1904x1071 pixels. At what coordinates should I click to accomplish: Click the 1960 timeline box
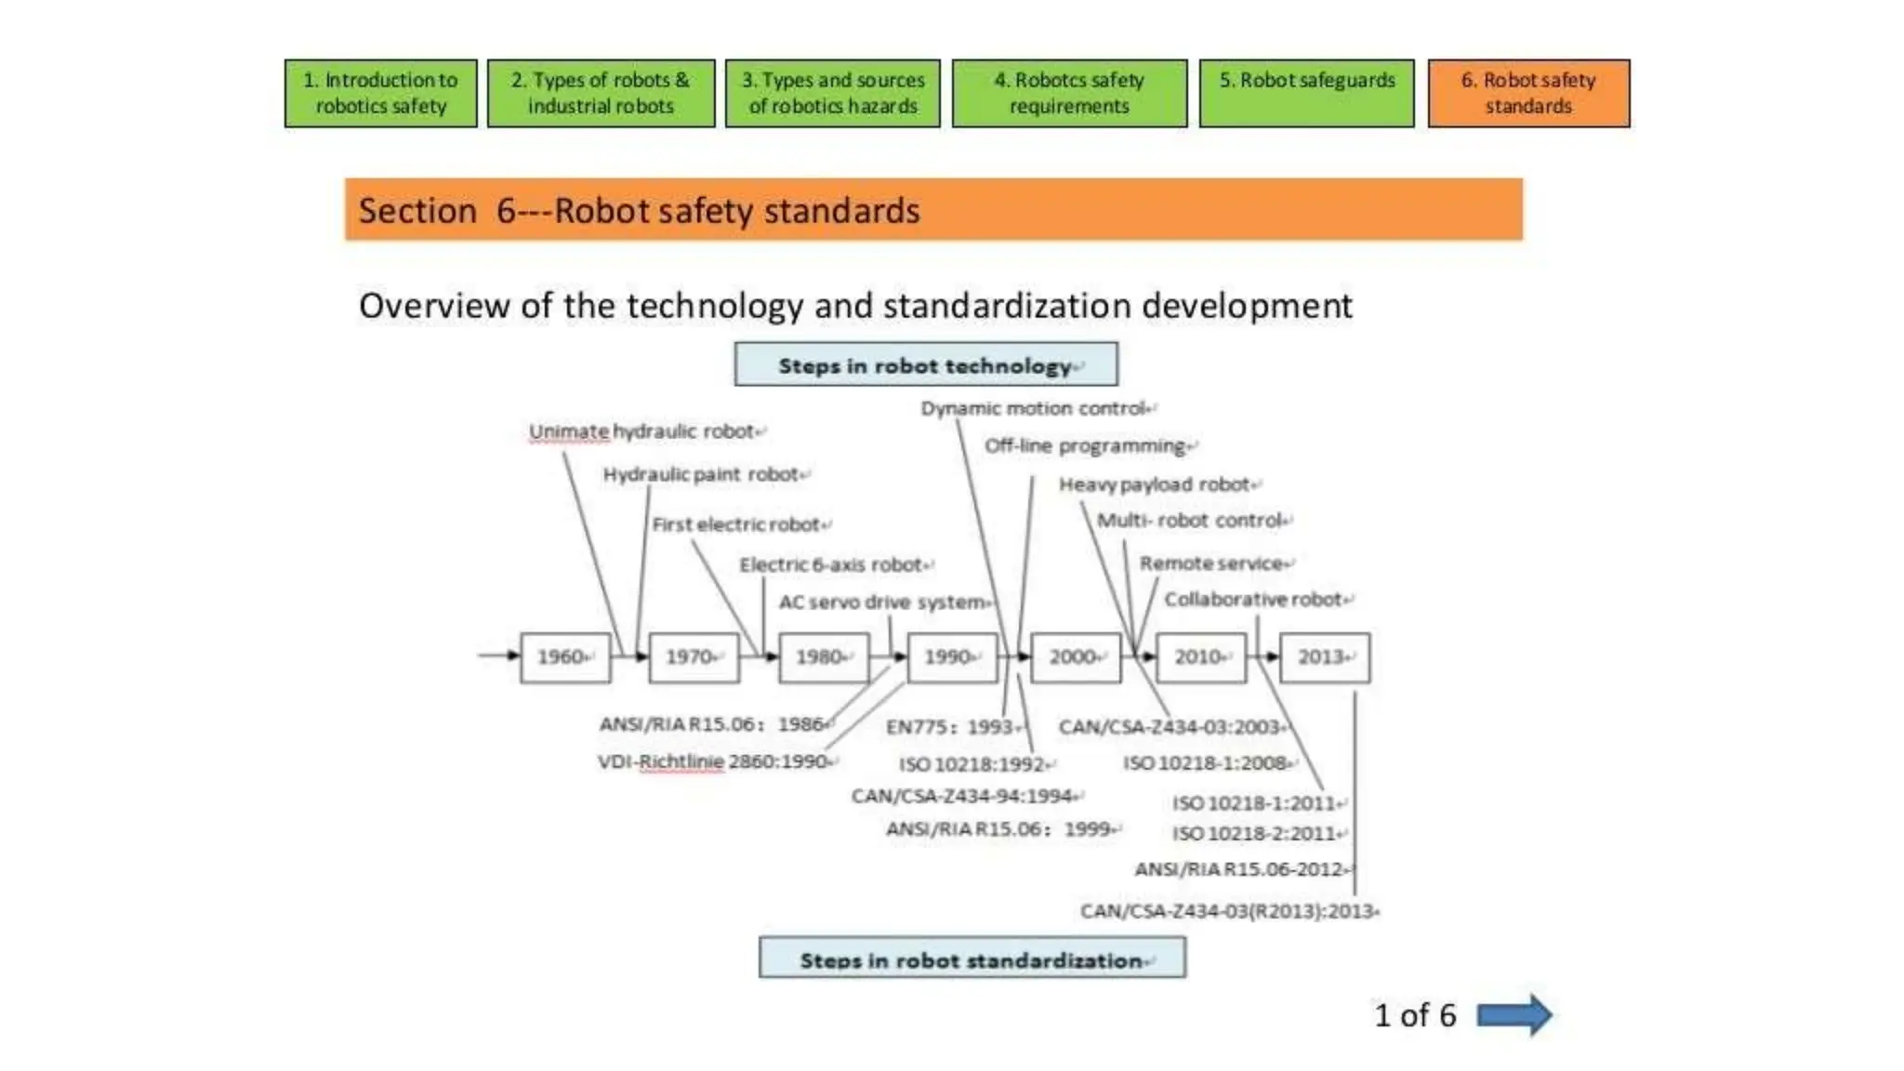565,657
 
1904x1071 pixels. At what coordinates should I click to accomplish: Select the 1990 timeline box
952,657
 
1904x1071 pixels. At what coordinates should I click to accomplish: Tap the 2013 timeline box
1324,657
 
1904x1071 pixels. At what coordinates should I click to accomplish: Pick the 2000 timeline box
1076,657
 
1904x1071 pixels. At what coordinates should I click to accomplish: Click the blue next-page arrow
1514,1015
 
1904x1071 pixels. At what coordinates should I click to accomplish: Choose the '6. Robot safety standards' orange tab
1527,93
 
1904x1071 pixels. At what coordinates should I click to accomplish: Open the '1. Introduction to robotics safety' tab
380,93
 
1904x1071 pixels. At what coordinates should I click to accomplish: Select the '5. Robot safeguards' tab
1306,93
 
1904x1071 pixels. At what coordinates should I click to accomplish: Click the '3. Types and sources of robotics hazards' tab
832,93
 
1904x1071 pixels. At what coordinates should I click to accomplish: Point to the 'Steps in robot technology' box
926,365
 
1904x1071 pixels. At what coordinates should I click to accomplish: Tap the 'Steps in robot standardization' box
972,959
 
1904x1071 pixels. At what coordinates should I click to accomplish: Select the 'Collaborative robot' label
1255,600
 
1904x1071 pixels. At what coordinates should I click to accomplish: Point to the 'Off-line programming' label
1087,446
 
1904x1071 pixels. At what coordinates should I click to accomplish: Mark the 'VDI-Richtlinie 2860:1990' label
714,761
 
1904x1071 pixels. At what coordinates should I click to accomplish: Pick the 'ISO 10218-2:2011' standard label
1255,834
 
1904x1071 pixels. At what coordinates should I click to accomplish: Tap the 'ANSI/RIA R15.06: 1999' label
1000,828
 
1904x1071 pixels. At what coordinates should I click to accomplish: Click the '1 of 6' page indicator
1415,1015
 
